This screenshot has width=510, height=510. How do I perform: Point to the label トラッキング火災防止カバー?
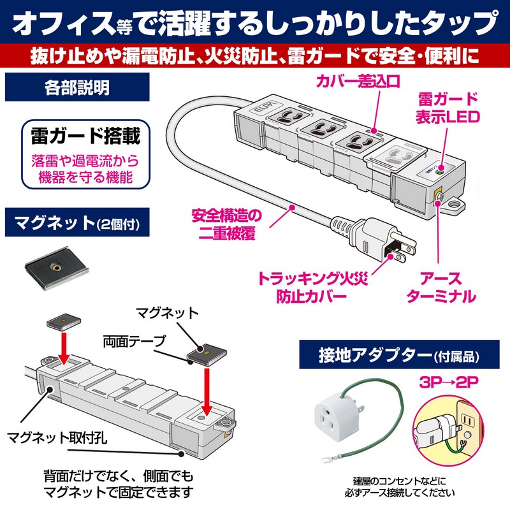(309, 288)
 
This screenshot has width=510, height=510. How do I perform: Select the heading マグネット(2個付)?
(76, 223)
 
